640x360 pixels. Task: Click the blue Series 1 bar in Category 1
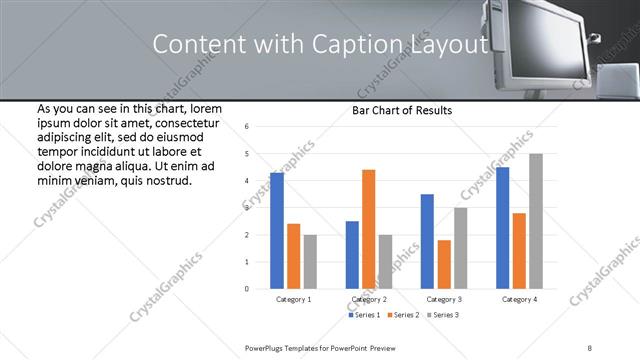click(x=277, y=230)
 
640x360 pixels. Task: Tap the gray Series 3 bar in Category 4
click(x=536, y=221)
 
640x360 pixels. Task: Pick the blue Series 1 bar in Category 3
click(x=427, y=241)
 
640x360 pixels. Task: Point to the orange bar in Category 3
click(x=444, y=264)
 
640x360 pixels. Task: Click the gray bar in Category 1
click(x=310, y=261)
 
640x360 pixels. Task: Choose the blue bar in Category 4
click(x=502, y=227)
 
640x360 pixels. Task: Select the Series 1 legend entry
click(x=365, y=315)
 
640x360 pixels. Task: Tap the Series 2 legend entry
click(x=402, y=315)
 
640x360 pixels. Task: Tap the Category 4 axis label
click(x=519, y=299)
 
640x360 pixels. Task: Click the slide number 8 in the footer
click(x=590, y=347)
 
